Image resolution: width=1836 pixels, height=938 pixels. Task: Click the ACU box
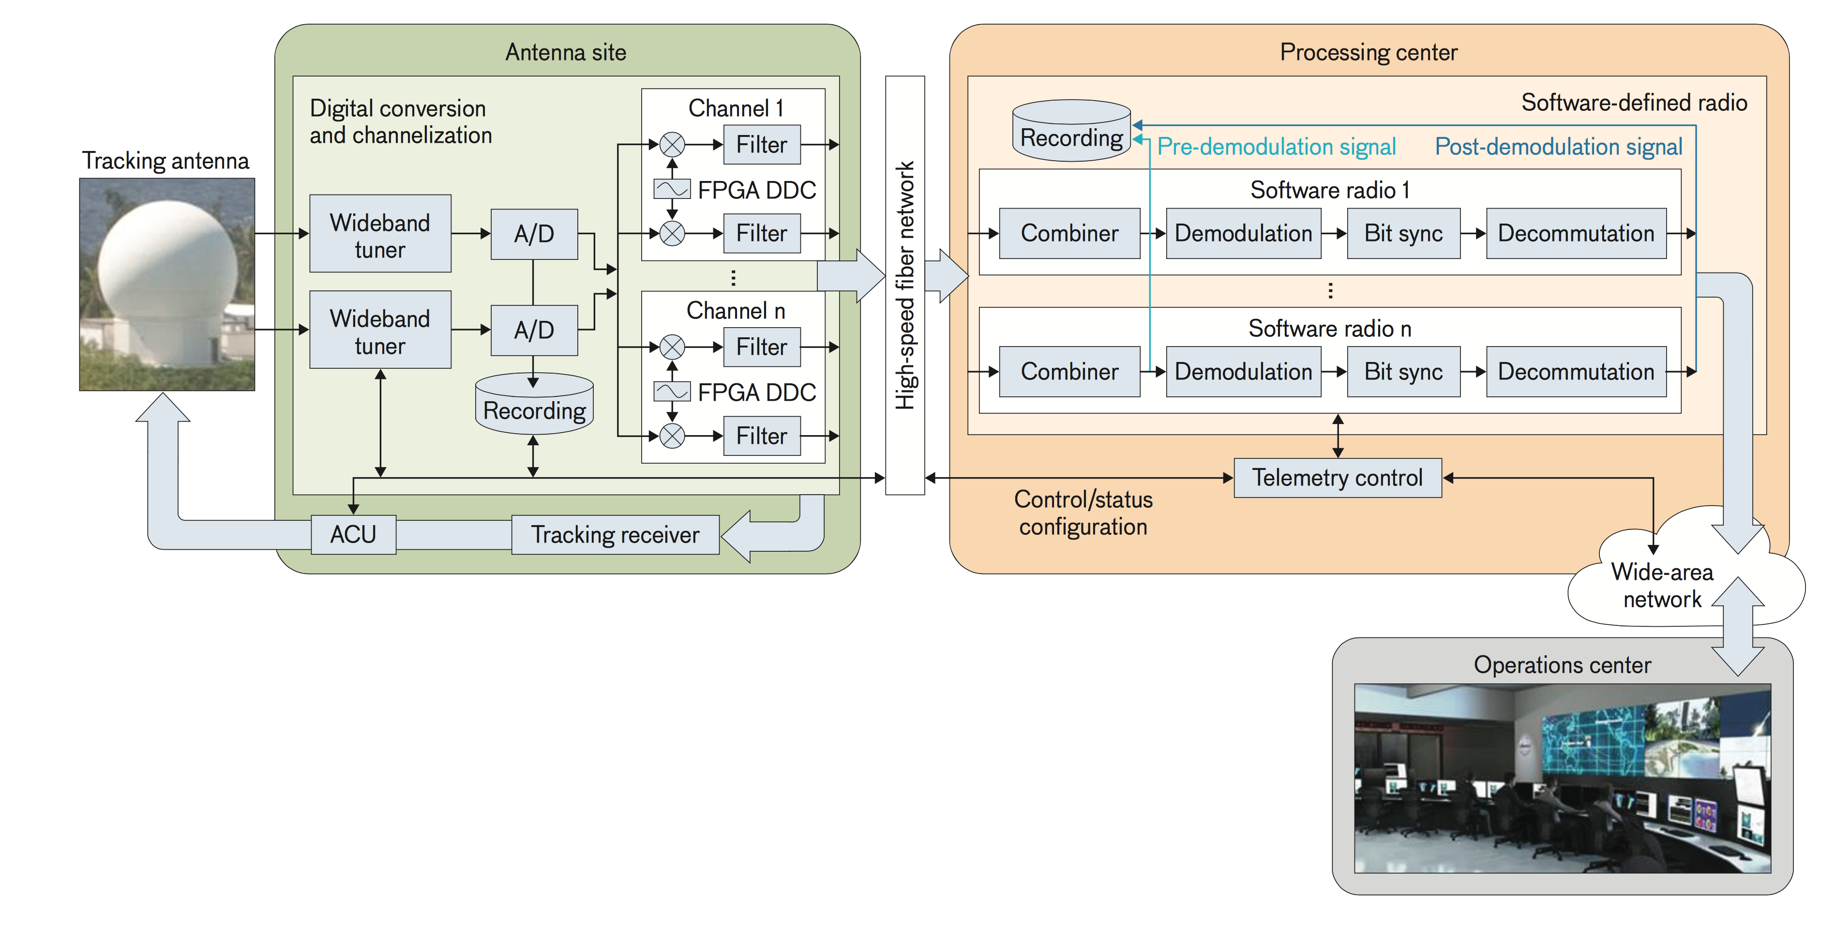coord(354,534)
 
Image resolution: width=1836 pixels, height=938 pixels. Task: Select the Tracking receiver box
coord(615,534)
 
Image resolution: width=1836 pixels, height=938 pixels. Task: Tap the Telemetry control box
coord(1337,478)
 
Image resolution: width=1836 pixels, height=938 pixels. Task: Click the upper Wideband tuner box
coord(380,234)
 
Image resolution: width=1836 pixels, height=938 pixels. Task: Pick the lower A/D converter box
coord(534,330)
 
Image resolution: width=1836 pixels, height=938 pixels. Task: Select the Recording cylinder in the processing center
coord(1071,130)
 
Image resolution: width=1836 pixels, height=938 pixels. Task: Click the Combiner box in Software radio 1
coord(1069,233)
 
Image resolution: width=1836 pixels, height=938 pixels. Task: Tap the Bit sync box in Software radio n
coord(1403,371)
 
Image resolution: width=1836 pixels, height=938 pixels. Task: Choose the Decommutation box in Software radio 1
coord(1576,233)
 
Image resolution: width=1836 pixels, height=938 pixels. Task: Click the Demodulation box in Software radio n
coord(1243,371)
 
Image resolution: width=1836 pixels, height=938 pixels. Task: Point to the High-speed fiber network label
coord(904,285)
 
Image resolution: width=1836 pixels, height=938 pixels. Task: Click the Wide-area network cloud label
coord(1662,585)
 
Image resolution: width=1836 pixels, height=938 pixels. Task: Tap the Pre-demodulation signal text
coord(1276,147)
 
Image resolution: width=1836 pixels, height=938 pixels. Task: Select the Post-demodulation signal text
coord(1558,147)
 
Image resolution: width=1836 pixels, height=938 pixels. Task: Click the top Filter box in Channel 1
coord(761,145)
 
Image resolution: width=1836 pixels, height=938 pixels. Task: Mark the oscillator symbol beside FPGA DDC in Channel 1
coord(671,189)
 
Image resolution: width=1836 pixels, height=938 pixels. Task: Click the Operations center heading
coord(1562,665)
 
